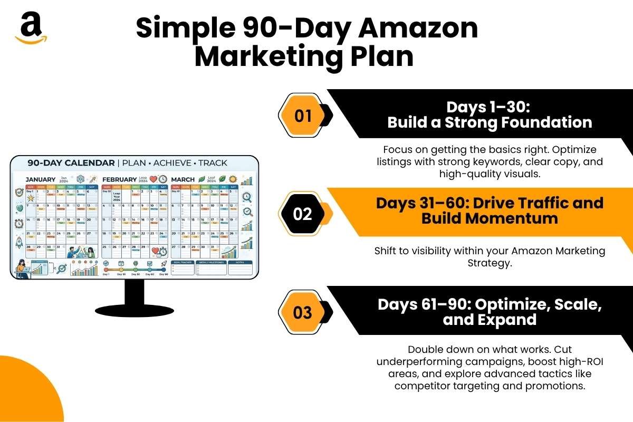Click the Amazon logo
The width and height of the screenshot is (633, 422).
point(31,28)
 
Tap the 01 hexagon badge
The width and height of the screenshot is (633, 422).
point(303,116)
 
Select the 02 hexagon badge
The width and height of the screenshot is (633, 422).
point(303,214)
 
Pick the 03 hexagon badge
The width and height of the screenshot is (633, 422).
point(303,312)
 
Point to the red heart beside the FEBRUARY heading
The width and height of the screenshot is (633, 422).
point(154,179)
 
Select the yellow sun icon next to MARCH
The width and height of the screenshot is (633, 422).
point(233,179)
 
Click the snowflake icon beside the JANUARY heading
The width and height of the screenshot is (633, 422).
point(80,179)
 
